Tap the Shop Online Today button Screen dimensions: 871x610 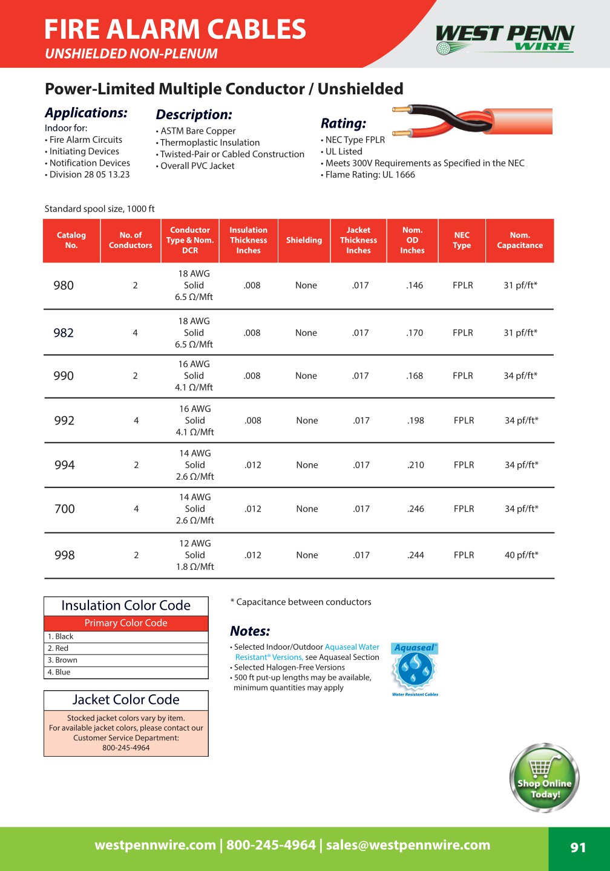544,778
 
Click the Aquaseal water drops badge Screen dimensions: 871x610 415,669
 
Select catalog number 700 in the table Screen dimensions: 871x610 65,509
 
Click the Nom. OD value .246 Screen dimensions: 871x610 416,509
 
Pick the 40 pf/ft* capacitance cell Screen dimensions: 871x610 521,555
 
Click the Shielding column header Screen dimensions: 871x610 304,241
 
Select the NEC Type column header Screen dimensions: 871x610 462,241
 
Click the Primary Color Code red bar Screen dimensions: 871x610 126,623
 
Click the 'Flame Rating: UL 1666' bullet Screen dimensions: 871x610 370,175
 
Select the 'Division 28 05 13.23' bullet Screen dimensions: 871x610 89,175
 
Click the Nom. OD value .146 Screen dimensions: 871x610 415,285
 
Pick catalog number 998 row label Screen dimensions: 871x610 65,555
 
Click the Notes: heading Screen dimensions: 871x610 250,631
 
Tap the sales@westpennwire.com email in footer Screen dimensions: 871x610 408,846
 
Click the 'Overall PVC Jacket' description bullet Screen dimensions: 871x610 197,166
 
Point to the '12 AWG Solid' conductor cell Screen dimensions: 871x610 195,549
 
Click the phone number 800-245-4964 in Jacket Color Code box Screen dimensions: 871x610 126,748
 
